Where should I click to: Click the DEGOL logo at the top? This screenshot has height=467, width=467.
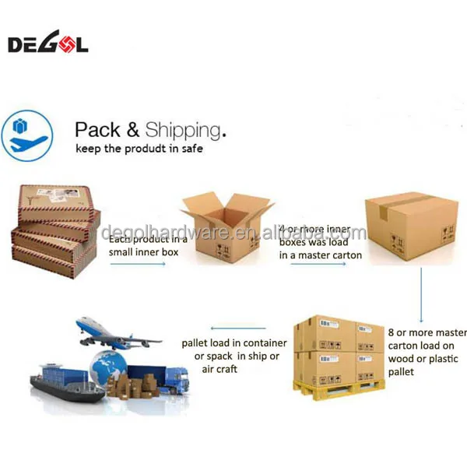(x=47, y=44)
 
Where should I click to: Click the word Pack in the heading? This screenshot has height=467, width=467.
(x=98, y=129)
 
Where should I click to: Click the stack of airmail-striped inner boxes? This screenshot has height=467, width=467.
(x=54, y=226)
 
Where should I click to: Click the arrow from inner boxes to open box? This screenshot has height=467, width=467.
(x=138, y=265)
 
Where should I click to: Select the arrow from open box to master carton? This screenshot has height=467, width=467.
(x=318, y=265)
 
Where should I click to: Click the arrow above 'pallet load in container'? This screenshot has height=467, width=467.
(x=233, y=328)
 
